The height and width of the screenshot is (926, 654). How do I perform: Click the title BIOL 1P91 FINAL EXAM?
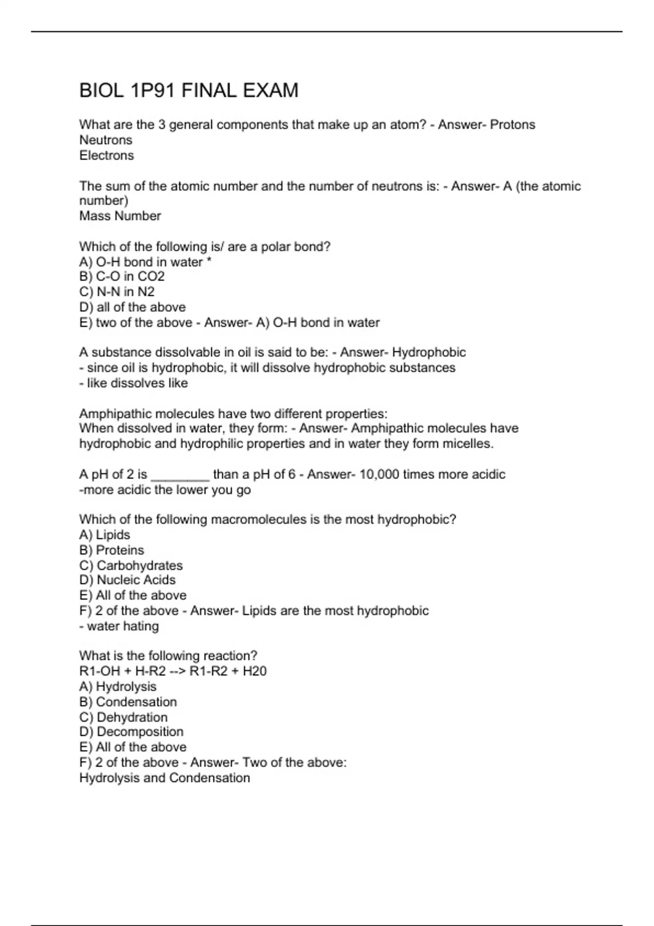[x=189, y=90]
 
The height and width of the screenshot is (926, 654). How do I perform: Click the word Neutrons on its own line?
[x=106, y=140]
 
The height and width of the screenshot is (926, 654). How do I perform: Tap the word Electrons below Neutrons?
[x=106, y=155]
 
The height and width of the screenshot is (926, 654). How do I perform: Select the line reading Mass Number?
[x=120, y=216]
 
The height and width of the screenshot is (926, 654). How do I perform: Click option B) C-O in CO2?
[x=122, y=277]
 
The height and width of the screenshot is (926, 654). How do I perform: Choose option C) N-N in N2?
[x=117, y=292]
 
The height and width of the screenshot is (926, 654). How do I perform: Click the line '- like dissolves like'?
[x=134, y=383]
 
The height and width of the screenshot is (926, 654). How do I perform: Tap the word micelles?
[x=468, y=444]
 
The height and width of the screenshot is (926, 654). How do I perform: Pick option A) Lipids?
[x=105, y=535]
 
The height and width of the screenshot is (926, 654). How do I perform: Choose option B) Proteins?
[x=112, y=550]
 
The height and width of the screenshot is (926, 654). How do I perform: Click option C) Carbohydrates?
[x=131, y=565]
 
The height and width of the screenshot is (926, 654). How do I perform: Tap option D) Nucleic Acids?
[x=128, y=580]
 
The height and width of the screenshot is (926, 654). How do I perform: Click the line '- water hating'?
[x=119, y=626]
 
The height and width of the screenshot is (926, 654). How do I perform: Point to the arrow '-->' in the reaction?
[x=177, y=671]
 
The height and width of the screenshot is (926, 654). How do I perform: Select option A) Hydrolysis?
[x=118, y=687]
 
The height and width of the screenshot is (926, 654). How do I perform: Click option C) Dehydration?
[x=123, y=717]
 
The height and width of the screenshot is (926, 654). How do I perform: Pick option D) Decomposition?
[x=131, y=732]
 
